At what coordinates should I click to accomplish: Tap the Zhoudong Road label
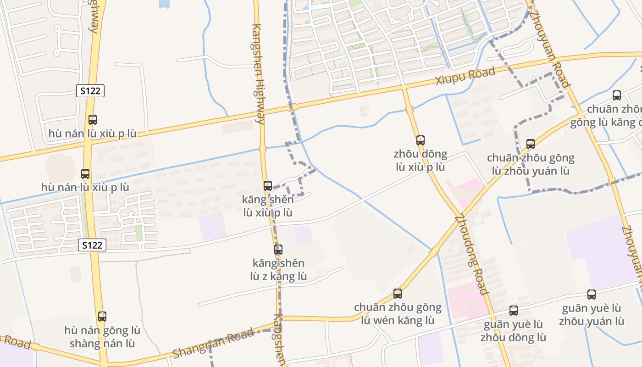tap(471, 254)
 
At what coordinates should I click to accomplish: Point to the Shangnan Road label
tap(213, 344)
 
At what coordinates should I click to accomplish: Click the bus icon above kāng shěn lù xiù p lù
tap(268, 186)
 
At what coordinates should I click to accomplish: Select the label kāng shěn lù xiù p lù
tap(268, 206)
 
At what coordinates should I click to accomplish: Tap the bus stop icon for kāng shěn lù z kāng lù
tap(278, 250)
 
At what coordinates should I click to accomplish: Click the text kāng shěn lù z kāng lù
tap(278, 270)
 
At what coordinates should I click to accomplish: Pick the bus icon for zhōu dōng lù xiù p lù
tap(421, 140)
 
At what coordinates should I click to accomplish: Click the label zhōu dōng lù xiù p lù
tap(421, 161)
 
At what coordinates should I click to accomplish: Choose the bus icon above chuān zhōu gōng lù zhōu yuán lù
tap(531, 144)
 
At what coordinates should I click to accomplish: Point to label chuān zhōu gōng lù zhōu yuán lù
tap(531, 164)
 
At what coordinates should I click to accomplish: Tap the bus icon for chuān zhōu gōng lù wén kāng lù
tap(398, 294)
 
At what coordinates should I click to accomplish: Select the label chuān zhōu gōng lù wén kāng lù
tap(398, 314)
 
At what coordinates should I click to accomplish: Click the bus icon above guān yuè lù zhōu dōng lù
tap(514, 311)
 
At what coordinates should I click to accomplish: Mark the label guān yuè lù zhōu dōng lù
tap(514, 331)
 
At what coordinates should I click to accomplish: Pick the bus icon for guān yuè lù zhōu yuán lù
tap(592, 295)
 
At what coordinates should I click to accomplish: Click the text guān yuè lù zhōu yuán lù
tap(592, 314)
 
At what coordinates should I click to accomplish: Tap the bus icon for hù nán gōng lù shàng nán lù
tap(102, 317)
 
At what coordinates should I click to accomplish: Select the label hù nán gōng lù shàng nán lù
tap(102, 337)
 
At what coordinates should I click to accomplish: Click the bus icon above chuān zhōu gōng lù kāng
tap(617, 95)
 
